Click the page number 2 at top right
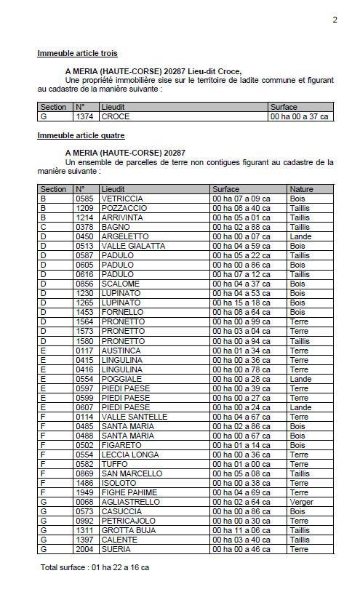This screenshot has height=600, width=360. (x=335, y=20)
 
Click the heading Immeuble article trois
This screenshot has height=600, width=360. (x=77, y=53)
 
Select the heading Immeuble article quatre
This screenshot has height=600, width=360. (x=81, y=135)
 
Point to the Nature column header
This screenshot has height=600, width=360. (x=301, y=189)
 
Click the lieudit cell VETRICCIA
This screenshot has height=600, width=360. (x=122, y=199)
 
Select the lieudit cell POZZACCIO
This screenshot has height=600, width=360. (x=124, y=208)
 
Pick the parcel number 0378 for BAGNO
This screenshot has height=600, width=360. (x=84, y=227)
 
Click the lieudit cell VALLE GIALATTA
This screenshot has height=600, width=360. (x=133, y=246)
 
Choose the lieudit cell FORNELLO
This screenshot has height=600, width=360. (x=122, y=312)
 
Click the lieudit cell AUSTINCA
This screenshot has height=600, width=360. (x=121, y=351)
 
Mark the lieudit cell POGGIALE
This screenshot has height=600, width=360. (x=121, y=379)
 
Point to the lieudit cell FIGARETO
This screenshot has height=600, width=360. (x=121, y=445)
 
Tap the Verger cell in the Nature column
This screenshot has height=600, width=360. (x=302, y=502)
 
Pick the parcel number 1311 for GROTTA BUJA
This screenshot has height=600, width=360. (x=84, y=530)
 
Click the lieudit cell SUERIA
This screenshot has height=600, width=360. (x=116, y=549)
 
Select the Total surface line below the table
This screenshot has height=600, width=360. (x=95, y=567)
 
